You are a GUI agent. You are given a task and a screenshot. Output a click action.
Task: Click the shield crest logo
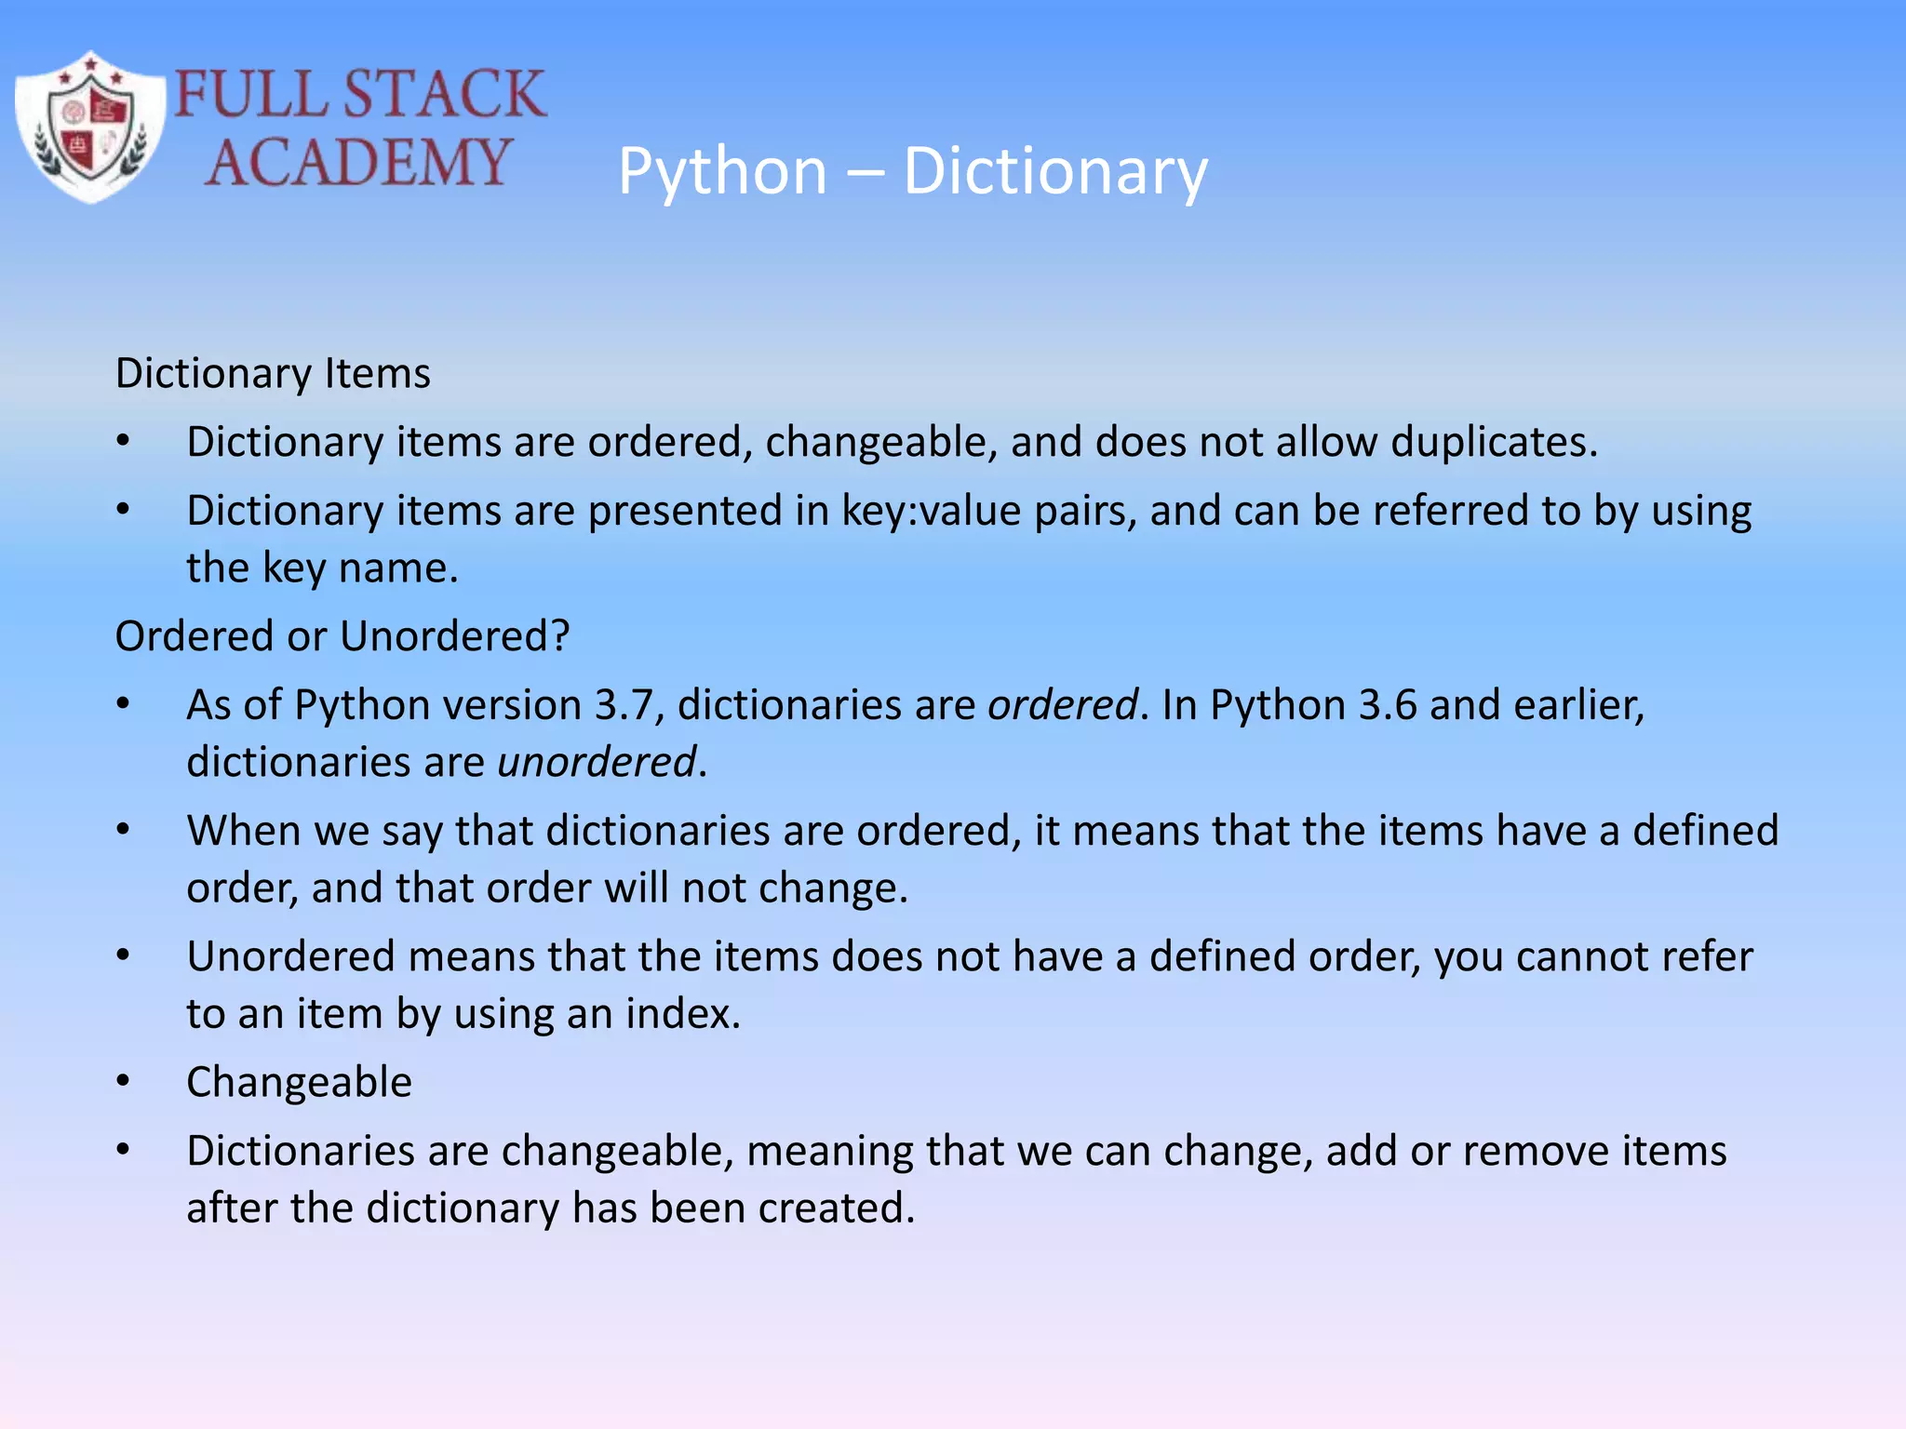(90, 127)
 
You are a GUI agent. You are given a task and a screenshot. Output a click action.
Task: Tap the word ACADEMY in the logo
(358, 163)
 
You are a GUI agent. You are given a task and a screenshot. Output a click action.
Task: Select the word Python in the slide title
(722, 171)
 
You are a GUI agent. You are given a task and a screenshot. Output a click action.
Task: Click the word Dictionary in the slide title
(1054, 171)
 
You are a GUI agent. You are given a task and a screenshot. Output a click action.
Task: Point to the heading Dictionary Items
(273, 373)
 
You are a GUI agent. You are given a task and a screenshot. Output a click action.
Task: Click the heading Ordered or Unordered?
(342, 636)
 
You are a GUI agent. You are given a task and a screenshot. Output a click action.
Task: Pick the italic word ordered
(1062, 705)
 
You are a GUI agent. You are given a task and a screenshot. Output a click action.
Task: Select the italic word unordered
(597, 762)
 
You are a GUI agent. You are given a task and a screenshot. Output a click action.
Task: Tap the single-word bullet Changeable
(299, 1082)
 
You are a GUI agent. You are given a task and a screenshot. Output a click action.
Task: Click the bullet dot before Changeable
(123, 1082)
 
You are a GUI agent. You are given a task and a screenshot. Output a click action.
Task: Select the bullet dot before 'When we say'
(123, 830)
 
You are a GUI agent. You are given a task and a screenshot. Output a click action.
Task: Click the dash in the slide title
(865, 173)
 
